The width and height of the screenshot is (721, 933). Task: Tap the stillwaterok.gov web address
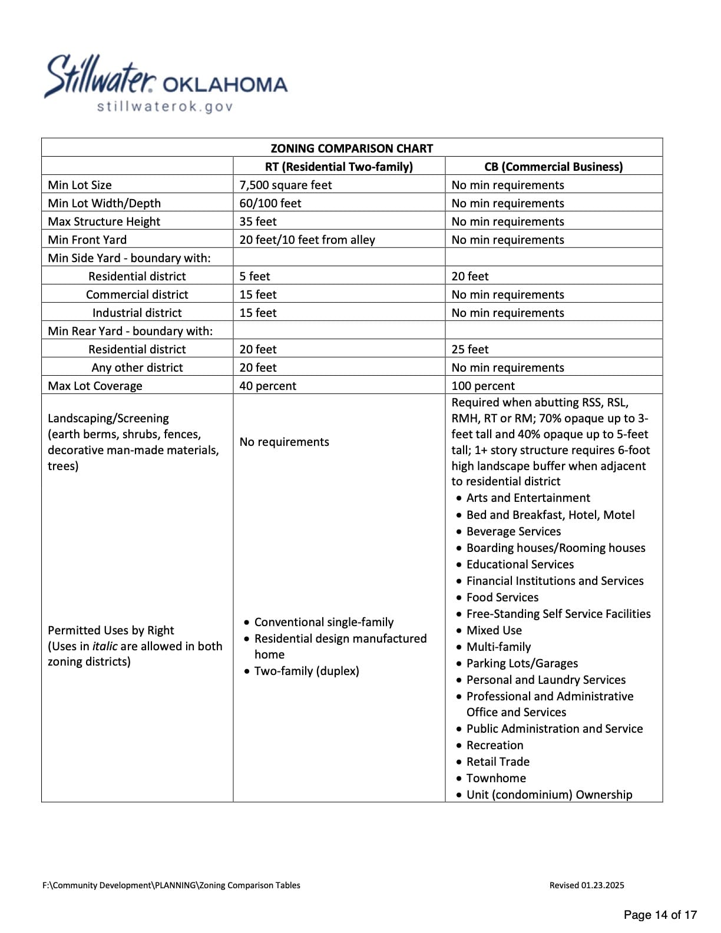click(165, 107)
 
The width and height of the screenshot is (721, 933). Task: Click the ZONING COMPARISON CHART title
click(352, 148)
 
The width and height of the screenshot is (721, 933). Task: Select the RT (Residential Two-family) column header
click(339, 167)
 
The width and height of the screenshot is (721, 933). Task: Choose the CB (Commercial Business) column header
click(553, 167)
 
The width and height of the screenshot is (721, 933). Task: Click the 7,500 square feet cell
click(286, 185)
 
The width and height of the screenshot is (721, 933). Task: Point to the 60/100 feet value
click(270, 203)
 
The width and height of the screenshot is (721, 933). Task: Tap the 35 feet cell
click(258, 221)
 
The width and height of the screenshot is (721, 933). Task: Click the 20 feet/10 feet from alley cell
click(307, 240)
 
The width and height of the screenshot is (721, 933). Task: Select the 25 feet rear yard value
click(470, 349)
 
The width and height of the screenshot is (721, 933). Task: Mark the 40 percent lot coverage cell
click(268, 386)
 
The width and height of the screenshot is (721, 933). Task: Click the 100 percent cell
click(483, 386)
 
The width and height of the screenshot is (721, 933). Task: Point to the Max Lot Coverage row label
click(95, 386)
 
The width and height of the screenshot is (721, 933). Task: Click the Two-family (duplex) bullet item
click(306, 671)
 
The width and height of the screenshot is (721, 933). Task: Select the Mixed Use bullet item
click(494, 630)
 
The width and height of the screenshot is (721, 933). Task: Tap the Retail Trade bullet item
click(498, 762)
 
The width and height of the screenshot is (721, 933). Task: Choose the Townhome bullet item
click(496, 778)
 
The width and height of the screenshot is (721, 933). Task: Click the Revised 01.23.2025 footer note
click(587, 885)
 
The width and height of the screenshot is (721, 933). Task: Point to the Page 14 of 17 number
click(660, 915)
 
